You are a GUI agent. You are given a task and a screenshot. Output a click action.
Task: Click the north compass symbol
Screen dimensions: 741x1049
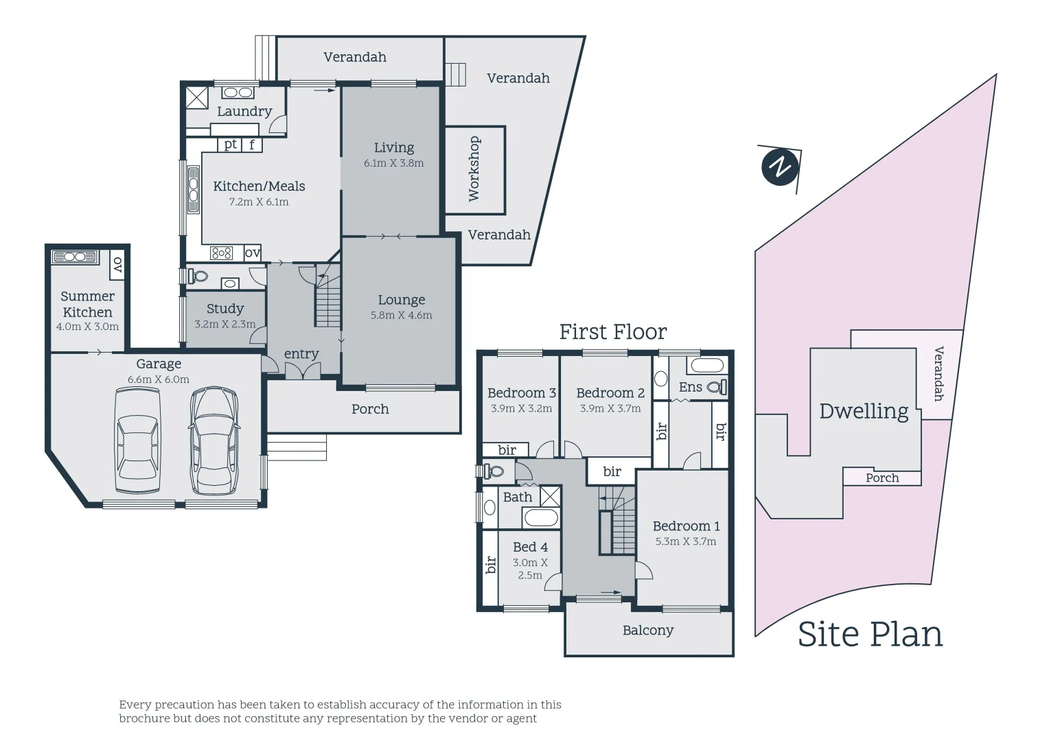pos(780,167)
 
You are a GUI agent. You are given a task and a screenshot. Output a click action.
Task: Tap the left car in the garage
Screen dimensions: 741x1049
pos(138,440)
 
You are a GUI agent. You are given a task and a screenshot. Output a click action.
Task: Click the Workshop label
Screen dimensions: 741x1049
pos(474,169)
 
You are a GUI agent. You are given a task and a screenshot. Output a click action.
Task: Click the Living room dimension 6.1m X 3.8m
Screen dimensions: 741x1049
pos(393,163)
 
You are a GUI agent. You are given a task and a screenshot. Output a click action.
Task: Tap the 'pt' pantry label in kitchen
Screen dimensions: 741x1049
pos(231,144)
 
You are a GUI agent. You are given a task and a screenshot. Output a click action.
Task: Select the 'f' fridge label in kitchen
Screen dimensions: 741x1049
pos(252,145)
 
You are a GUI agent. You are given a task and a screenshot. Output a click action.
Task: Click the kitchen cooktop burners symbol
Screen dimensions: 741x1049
pos(222,253)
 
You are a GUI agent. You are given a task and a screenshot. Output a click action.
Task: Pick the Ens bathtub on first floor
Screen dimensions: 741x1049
pos(707,364)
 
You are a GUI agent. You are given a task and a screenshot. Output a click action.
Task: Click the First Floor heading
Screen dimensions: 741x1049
pos(612,332)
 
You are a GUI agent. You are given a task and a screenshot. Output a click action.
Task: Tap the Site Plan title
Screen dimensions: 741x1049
pos(870,634)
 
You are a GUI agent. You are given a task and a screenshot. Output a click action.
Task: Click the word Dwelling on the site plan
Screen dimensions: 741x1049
pos(864,411)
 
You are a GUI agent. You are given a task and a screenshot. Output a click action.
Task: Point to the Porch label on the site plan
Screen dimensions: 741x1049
pos(882,478)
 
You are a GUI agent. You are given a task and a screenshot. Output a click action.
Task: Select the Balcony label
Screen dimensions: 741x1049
pos(648,631)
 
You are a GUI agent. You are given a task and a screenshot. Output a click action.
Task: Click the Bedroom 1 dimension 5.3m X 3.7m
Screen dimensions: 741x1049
pos(685,541)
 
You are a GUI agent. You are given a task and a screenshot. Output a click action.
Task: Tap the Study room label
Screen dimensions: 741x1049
pos(225,309)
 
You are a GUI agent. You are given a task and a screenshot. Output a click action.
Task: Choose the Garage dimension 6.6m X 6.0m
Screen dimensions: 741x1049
pos(159,379)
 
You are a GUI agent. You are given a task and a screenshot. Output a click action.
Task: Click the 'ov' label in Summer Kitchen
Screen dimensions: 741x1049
pos(117,264)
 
